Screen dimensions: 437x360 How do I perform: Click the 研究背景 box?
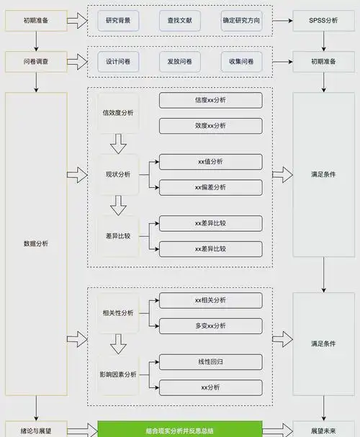tap(117, 22)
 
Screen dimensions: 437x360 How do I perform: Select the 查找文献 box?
tap(179, 22)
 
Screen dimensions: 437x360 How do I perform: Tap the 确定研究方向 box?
tap(241, 22)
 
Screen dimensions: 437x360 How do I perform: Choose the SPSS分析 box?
tap(323, 22)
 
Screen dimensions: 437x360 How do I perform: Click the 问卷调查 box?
tap(35, 62)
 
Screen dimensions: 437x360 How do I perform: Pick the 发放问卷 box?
tap(179, 62)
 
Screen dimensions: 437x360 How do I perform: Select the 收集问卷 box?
tap(241, 62)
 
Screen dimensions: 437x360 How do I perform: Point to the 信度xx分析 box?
tap(210, 100)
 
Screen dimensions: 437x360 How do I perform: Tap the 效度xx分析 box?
tap(210, 126)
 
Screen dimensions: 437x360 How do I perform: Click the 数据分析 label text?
tap(35, 243)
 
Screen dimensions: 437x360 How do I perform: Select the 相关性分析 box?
tap(117, 313)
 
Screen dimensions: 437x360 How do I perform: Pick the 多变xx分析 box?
tap(210, 326)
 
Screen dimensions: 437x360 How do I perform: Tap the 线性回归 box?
tap(210, 361)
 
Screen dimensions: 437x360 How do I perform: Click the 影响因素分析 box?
tap(117, 374)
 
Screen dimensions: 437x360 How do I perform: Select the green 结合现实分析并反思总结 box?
tap(179, 429)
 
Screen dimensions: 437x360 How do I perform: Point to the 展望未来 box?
tap(323, 429)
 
